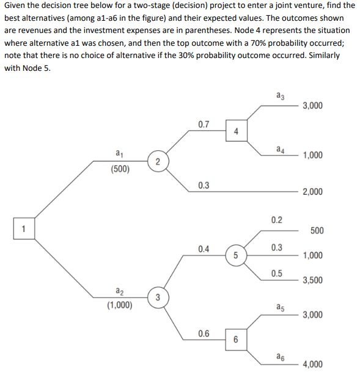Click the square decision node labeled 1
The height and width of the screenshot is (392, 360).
click(x=23, y=230)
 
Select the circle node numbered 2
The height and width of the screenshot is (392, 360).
click(x=157, y=162)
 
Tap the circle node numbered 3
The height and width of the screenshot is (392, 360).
click(x=157, y=297)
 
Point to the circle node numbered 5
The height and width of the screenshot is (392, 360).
click(x=235, y=255)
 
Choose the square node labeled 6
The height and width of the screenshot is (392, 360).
click(x=236, y=339)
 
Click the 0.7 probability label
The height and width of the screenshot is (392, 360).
click(x=204, y=125)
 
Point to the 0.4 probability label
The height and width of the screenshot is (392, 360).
click(x=204, y=249)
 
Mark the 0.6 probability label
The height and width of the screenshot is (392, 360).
click(x=204, y=333)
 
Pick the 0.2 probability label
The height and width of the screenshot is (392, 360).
click(x=276, y=220)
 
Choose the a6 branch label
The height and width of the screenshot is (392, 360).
click(x=280, y=356)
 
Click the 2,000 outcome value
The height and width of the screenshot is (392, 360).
click(x=312, y=192)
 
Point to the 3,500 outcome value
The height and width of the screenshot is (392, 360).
click(x=312, y=281)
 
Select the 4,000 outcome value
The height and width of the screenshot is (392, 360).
click(x=312, y=365)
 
